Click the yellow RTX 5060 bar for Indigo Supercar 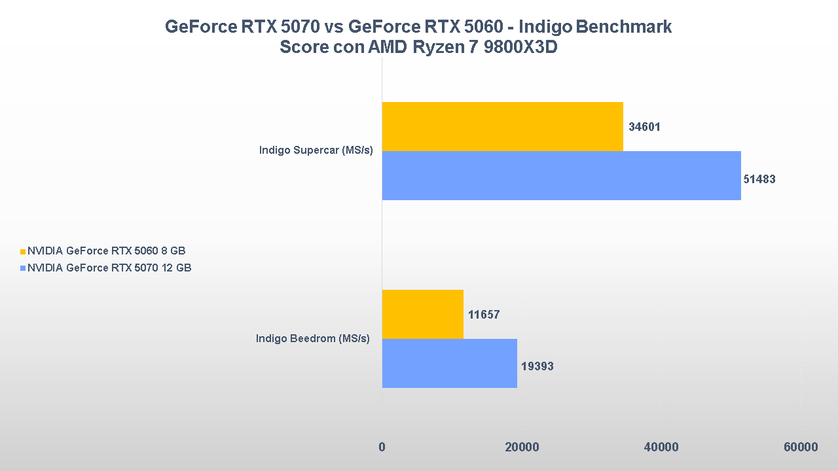[x=502, y=126]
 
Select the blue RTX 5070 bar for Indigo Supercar [x=561, y=175]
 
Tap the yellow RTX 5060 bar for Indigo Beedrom [x=422, y=314]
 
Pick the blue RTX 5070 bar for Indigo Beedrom [x=449, y=363]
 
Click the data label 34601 [x=644, y=127]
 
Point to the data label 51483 [x=759, y=179]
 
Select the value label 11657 [x=484, y=315]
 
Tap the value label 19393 [x=537, y=366]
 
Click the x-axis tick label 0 [x=382, y=447]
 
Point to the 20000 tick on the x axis [x=521, y=447]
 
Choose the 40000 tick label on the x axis [x=661, y=447]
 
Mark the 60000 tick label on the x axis [x=801, y=447]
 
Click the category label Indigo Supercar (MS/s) [x=316, y=150]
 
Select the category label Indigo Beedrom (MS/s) [x=313, y=338]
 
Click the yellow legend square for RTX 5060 [x=23, y=251]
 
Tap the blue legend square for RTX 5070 [x=23, y=268]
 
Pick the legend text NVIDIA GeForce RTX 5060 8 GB [x=107, y=251]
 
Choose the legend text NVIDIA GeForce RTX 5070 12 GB [x=109, y=268]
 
